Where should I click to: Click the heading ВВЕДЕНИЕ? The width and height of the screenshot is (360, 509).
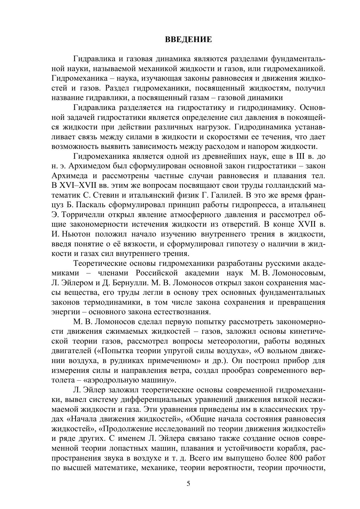pos(188,39)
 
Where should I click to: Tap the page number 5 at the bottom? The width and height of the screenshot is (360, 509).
pos(188,484)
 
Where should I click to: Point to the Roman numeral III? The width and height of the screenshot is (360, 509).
pos(299,156)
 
